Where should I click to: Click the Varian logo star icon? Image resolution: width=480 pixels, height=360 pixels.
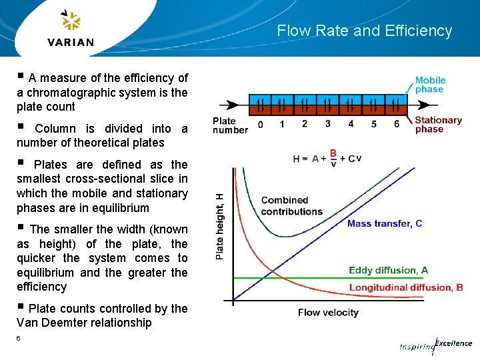pyautogui.click(x=70, y=21)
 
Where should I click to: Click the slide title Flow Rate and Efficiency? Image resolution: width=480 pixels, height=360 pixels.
pyautogui.click(x=364, y=31)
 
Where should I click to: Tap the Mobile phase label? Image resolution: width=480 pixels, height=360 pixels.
pyautogui.click(x=430, y=85)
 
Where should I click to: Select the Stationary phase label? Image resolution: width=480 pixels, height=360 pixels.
pyautogui.click(x=438, y=125)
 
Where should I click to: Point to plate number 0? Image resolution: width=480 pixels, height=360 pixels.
pyautogui.click(x=260, y=124)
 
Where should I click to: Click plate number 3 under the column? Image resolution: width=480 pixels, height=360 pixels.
pyautogui.click(x=328, y=123)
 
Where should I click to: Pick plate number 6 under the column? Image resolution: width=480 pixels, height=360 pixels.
pyautogui.click(x=397, y=124)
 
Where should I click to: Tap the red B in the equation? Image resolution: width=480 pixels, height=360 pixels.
pyautogui.click(x=333, y=153)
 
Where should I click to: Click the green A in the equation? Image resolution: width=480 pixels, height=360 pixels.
pyautogui.click(x=315, y=159)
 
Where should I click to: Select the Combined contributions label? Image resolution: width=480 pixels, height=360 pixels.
pyautogui.click(x=291, y=205)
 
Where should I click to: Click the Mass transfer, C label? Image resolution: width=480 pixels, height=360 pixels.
pyautogui.click(x=384, y=224)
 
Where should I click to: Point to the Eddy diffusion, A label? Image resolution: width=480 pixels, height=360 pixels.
pyautogui.click(x=388, y=271)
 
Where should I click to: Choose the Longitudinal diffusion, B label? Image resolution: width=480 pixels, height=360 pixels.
pyautogui.click(x=405, y=288)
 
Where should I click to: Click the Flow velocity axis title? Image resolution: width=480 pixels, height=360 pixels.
pyautogui.click(x=328, y=312)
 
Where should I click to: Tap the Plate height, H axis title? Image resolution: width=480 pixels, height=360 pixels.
pyautogui.click(x=221, y=226)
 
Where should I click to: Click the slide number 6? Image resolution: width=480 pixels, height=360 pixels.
pyautogui.click(x=19, y=339)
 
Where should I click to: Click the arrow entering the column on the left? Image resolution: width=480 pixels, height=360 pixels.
pyautogui.click(x=231, y=105)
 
